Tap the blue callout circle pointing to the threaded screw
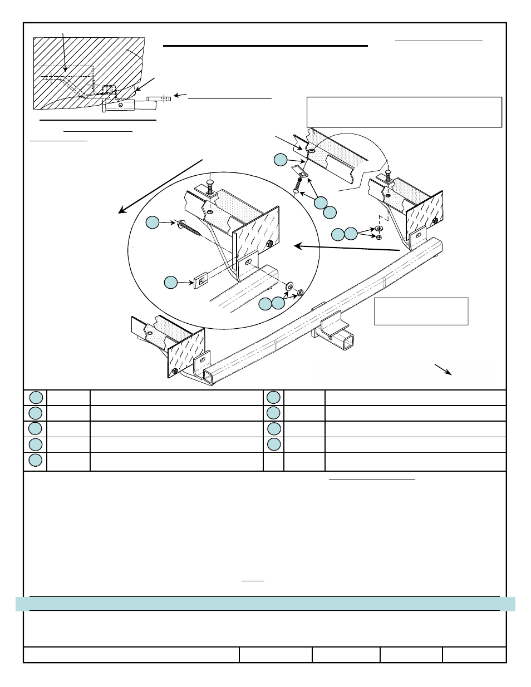153,223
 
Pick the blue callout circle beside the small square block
170,283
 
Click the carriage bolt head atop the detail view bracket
210,182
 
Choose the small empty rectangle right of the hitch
421,311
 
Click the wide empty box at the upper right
404,112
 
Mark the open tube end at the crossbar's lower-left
208,377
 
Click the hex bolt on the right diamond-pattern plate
435,221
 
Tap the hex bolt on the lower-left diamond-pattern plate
175,370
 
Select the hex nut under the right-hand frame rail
378,236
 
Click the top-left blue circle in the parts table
36,397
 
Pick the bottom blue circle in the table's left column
36,460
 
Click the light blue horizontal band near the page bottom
265,604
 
